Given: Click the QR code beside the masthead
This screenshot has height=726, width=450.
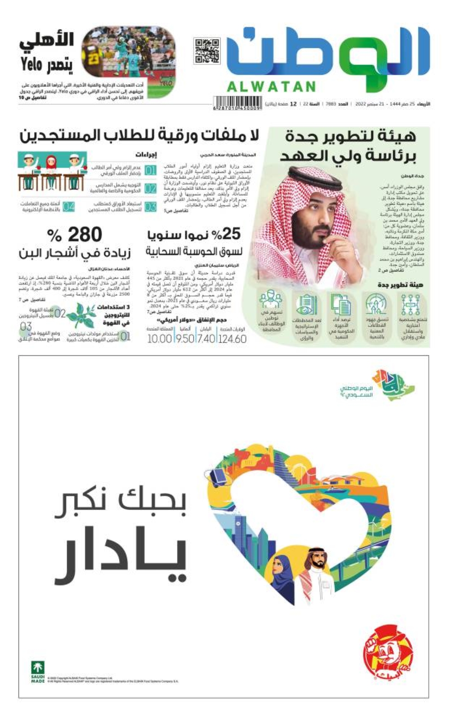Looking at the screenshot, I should click(x=207, y=50).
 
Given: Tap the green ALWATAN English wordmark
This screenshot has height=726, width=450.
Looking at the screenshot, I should click(x=271, y=86).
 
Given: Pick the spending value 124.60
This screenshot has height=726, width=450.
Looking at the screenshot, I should click(x=232, y=339).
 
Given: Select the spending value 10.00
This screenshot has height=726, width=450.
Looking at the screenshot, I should click(x=160, y=339).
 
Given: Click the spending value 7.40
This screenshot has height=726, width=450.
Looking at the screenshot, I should click(x=206, y=339).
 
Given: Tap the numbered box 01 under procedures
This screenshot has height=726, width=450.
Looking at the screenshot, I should click(x=150, y=171).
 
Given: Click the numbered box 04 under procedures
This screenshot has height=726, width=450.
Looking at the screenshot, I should click(x=68, y=207).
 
